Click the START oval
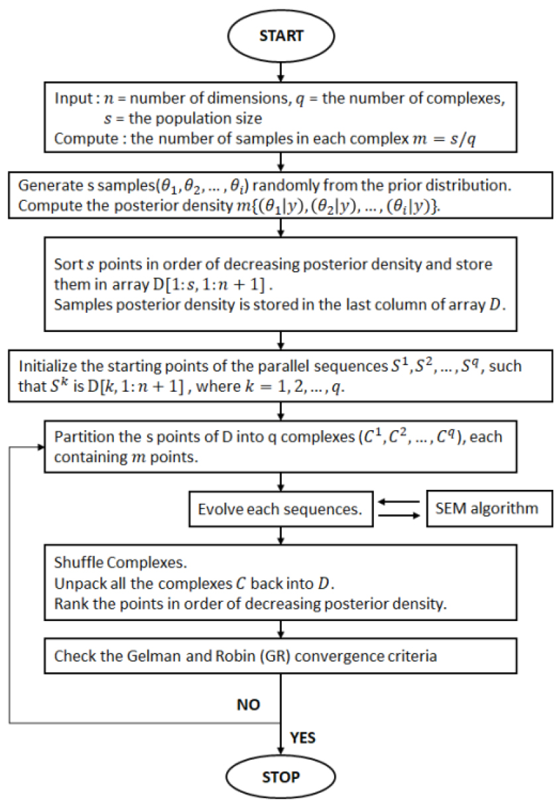tap(282, 34)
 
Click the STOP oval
tap(282, 776)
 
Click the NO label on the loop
tap(248, 705)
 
